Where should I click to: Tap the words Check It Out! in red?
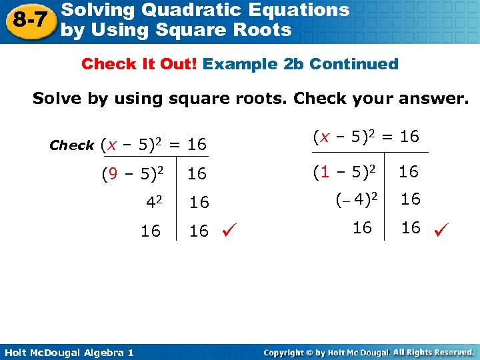coord(139,65)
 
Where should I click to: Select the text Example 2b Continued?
coord(301,65)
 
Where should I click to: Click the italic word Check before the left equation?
coord(72,145)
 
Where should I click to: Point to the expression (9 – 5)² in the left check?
coord(132,174)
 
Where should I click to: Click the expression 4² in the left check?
coord(155,201)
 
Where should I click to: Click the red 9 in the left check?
coord(113,174)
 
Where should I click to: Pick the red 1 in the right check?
coord(325,172)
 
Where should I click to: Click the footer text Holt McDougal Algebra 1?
coord(67,352)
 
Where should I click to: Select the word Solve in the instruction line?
coord(56,99)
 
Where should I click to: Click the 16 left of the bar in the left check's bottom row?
coord(151,231)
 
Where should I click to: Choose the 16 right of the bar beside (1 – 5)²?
coord(409,172)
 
